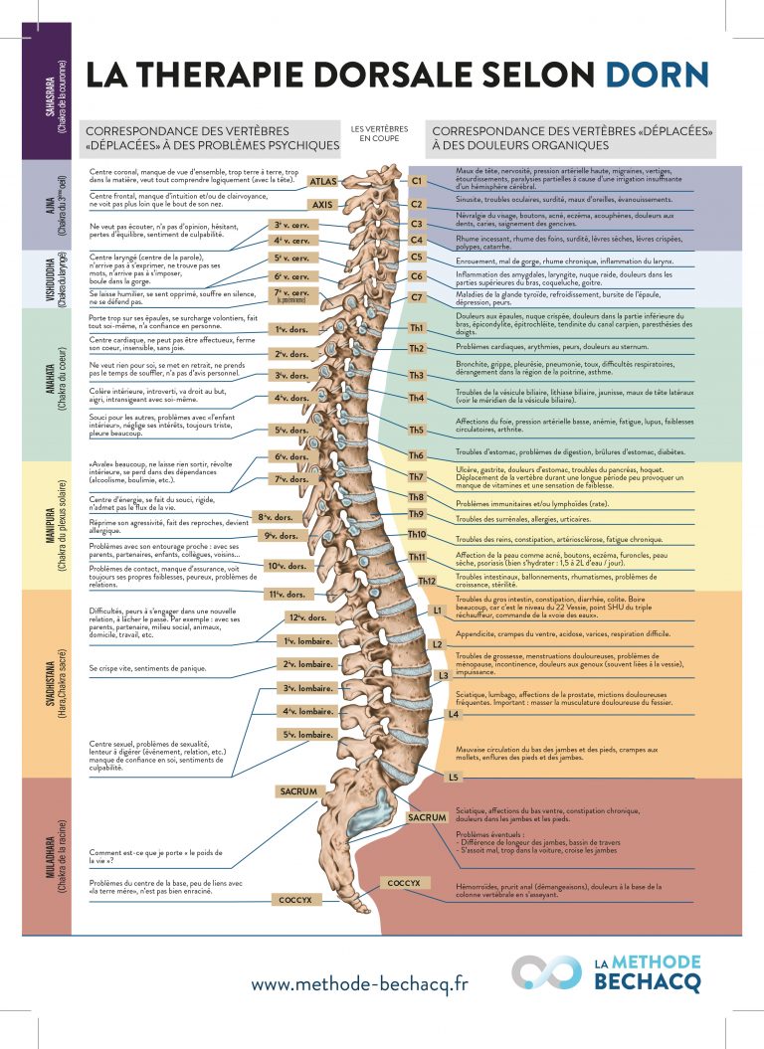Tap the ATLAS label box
[x=324, y=182]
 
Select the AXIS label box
[x=322, y=205]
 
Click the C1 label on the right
[x=418, y=181]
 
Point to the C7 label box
[x=417, y=297]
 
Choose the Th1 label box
[x=417, y=328]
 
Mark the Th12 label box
[x=428, y=581]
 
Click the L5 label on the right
[x=453, y=777]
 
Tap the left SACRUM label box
[x=298, y=791]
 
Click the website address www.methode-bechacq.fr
[x=359, y=983]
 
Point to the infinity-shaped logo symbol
[x=546, y=973]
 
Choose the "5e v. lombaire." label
[x=306, y=735]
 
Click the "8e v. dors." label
[x=276, y=517]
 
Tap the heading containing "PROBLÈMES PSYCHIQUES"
[x=212, y=138]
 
